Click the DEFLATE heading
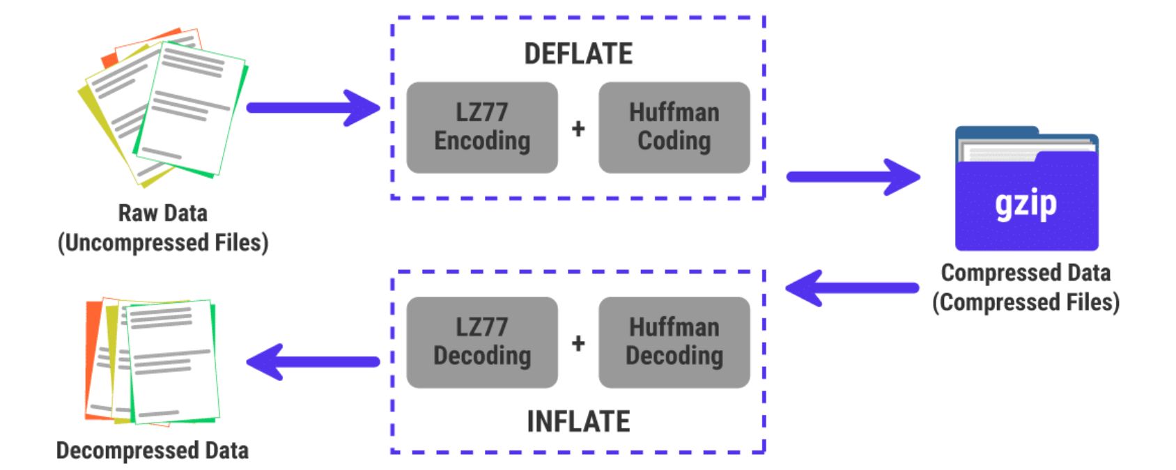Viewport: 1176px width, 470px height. coord(578,54)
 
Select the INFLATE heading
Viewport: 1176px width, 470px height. coord(578,422)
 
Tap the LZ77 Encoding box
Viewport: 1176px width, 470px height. coord(482,127)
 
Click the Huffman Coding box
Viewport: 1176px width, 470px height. coord(674,127)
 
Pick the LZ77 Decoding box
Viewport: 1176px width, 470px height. coord(482,342)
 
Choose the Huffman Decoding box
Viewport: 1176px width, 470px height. coord(674,342)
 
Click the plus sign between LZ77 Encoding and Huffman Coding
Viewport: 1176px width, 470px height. coord(578,129)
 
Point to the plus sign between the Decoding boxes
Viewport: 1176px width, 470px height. coord(578,343)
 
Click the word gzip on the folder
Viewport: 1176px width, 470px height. coord(1026,205)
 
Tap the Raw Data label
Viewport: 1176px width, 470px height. coord(162,213)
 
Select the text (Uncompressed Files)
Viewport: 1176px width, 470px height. coord(162,243)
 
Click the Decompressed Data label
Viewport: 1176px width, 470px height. coord(152,451)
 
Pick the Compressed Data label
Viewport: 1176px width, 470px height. coord(1026,273)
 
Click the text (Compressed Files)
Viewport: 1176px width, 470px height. coord(1026,303)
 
